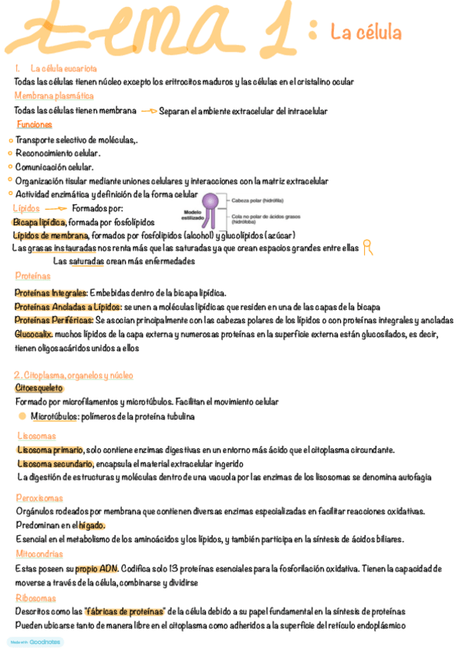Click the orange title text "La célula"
tap(366, 32)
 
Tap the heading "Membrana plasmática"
tap(54, 96)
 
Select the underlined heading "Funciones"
tap(35, 124)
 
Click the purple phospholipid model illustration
tap(211, 209)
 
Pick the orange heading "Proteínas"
tap(33, 276)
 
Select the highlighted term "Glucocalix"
tap(33, 334)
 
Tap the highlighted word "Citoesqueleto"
tap(39, 389)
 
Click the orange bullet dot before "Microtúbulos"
tap(22, 416)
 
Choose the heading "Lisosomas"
tap(35, 436)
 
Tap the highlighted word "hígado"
tap(91, 525)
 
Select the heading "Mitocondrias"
tap(39, 554)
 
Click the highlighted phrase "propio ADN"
tap(96, 569)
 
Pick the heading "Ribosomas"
tap(35, 598)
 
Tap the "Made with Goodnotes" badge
tap(35, 642)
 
